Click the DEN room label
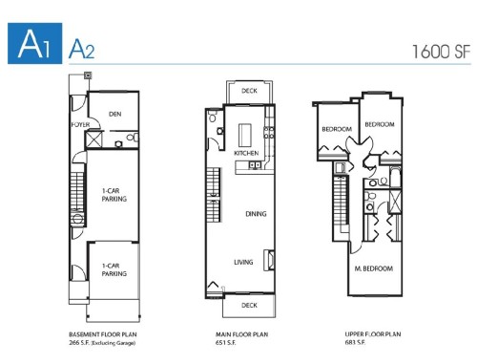coord(115,114)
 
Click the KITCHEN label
coord(246,153)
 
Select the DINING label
coord(256,214)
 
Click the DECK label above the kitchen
coord(249,92)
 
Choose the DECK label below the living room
coord(249,305)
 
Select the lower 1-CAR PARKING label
coord(115,269)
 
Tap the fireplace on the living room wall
coord(269,259)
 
